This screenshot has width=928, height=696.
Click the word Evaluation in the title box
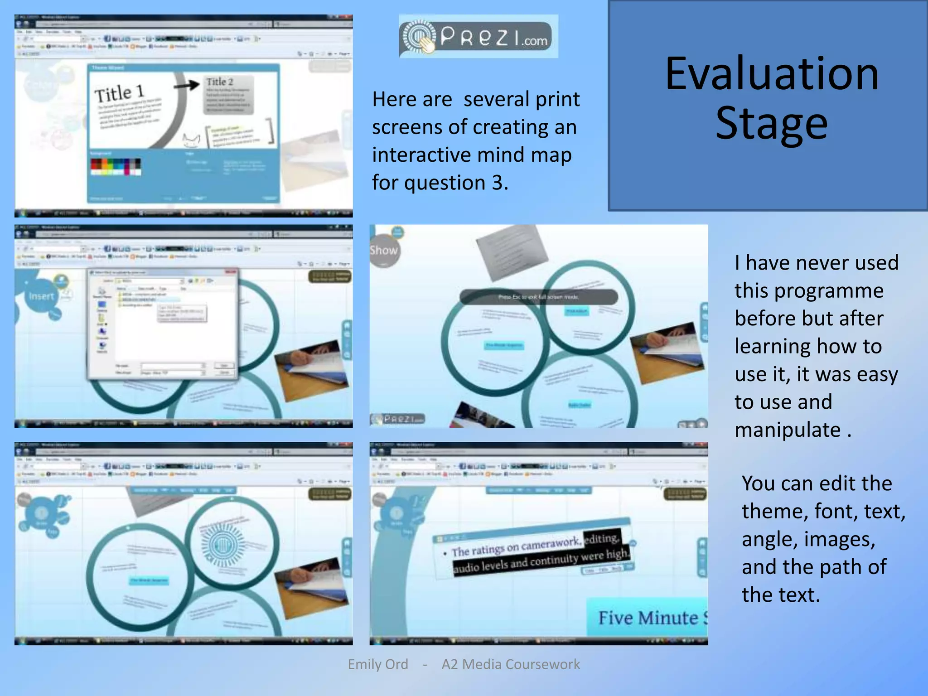tap(772, 74)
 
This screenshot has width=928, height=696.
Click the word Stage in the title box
tap(772, 123)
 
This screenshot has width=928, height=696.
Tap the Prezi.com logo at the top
tap(478, 36)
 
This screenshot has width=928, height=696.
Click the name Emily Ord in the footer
tap(378, 664)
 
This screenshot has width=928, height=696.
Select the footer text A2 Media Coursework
tap(511, 664)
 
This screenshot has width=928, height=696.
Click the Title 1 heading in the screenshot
tap(120, 93)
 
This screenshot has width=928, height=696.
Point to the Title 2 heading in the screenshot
tap(220, 82)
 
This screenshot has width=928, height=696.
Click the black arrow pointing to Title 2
tap(187, 85)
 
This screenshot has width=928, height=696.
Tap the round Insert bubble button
tap(41, 296)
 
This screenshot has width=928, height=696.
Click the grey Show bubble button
tap(384, 251)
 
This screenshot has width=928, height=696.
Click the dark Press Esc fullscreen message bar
tap(538, 297)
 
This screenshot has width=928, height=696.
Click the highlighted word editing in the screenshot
tap(602, 538)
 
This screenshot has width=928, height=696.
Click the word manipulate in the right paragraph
tap(788, 430)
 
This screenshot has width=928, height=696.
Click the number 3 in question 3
tap(498, 183)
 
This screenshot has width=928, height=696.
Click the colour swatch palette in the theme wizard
tap(116, 167)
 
